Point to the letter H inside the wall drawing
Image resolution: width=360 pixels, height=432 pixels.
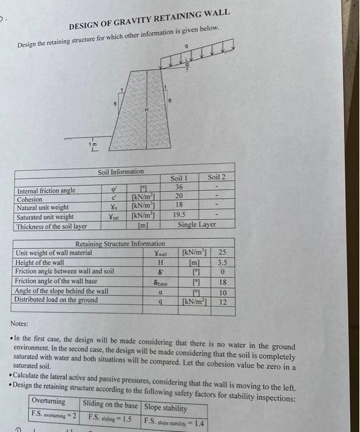click(146, 109)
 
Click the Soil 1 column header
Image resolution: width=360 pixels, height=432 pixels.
click(179, 178)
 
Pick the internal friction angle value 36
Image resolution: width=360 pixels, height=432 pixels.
click(179, 187)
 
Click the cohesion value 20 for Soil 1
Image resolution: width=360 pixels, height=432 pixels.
click(179, 197)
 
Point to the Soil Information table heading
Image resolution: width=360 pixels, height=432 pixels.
click(121, 171)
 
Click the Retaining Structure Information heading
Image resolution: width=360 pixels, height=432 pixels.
click(120, 244)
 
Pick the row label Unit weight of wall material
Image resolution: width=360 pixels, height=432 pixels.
click(54, 253)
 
